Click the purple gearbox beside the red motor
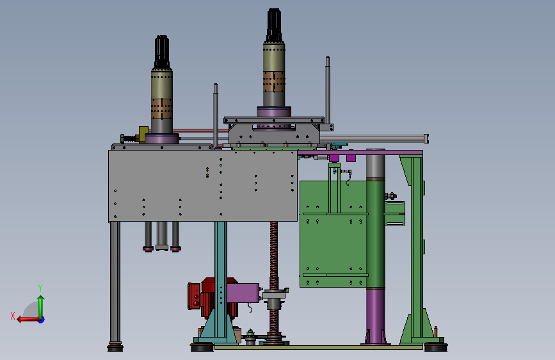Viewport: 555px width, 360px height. coord(243,293)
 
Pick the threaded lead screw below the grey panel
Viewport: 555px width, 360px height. coord(274,256)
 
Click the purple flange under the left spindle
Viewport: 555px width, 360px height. coord(161,138)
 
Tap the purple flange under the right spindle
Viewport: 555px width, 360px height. coord(274,112)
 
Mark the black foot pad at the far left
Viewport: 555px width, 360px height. coord(115,347)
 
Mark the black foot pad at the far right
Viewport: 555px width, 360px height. coord(437,347)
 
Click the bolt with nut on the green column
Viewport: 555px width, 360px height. coord(390,196)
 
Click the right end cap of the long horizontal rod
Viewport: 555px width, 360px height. coord(426,138)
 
